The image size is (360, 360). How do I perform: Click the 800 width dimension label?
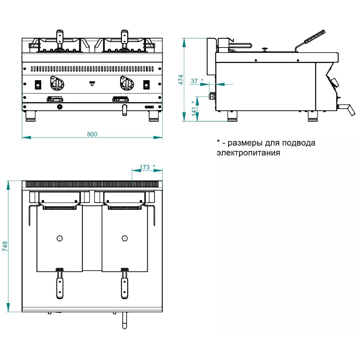pyautogui.click(x=92, y=134)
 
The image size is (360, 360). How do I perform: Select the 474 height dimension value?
pyautogui.click(x=181, y=80)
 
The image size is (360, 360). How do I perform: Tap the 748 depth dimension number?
pyautogui.click(x=5, y=246)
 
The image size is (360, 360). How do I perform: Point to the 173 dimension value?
pyautogui.click(x=144, y=167)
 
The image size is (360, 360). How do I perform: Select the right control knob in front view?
pyautogui.click(x=126, y=85)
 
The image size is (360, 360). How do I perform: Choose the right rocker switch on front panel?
pyautogui.click(x=146, y=85)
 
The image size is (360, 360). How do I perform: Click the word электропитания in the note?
pyautogui.click(x=248, y=153)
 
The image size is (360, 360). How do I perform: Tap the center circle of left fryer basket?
pyautogui.click(x=59, y=238)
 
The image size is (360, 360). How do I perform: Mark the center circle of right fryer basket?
pyautogui.click(x=125, y=238)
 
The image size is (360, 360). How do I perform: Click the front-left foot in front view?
pyautogui.click(x=31, y=115)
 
